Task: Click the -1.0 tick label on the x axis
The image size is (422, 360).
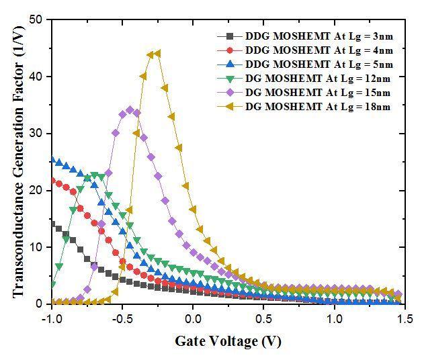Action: (x=50, y=318)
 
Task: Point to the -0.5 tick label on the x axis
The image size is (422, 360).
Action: (x=122, y=318)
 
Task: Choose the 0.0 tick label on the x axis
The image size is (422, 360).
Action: (x=193, y=318)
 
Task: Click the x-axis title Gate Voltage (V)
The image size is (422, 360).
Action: (x=228, y=341)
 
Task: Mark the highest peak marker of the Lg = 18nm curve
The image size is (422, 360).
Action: (x=157, y=54)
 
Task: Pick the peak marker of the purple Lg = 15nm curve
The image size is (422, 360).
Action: (x=130, y=109)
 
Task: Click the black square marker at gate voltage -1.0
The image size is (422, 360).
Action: (x=52, y=223)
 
